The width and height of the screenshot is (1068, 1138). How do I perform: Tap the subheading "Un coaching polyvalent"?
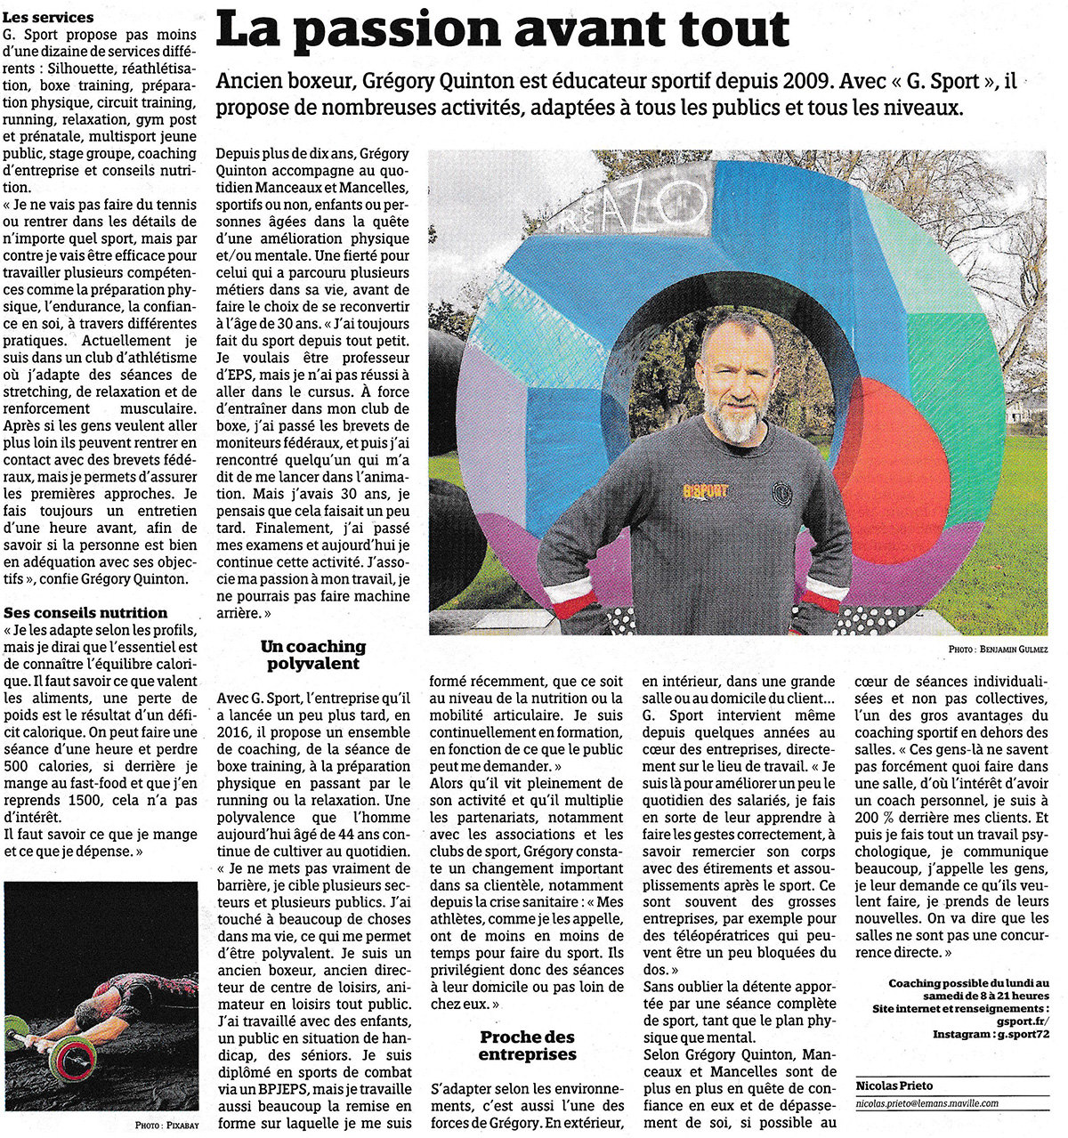(x=312, y=655)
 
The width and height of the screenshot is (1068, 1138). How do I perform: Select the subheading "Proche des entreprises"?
(x=528, y=1045)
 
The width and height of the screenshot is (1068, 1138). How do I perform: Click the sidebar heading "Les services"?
(x=49, y=17)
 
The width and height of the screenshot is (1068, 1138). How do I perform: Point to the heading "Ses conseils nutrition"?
(x=85, y=613)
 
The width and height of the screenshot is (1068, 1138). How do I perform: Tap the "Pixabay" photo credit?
(x=180, y=1126)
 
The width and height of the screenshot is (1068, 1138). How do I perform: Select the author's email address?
(x=926, y=1103)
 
